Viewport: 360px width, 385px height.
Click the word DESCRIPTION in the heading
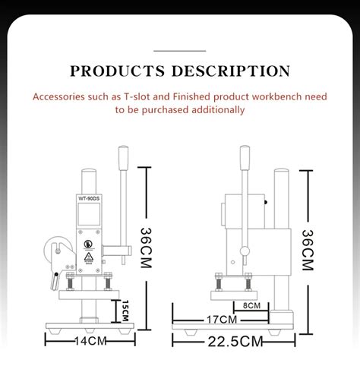pyautogui.click(x=231, y=72)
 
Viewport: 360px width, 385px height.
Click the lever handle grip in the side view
pyautogui.click(x=244, y=160)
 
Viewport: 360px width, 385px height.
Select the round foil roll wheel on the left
pyautogui.click(x=55, y=251)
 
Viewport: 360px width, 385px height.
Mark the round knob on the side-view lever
pyautogui.click(x=244, y=251)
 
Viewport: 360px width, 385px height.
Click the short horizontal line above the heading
pyautogui.click(x=179, y=49)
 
